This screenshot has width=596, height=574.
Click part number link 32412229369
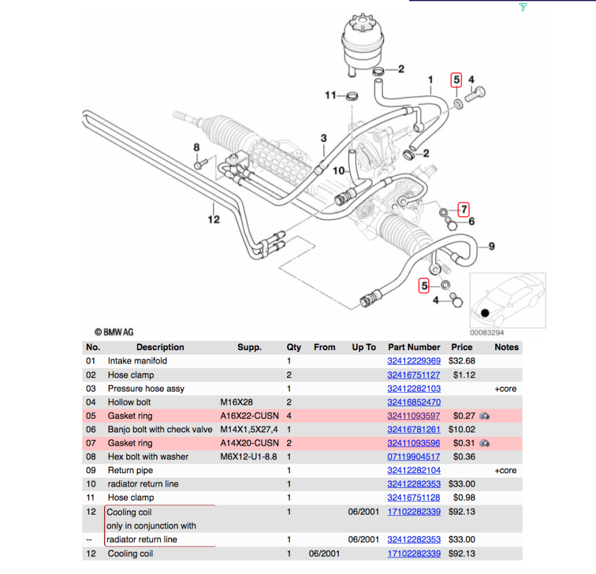[x=413, y=361]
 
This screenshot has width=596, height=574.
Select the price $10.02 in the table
[x=462, y=429]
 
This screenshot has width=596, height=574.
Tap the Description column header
[x=160, y=347]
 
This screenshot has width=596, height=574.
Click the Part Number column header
[x=413, y=347]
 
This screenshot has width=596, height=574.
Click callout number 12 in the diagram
[x=213, y=219]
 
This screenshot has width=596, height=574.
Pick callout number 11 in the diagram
[x=330, y=96]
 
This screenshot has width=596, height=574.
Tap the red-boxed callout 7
[x=464, y=209]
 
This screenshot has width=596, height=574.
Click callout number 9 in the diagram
[x=491, y=246]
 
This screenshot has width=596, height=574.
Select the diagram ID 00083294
[x=487, y=332]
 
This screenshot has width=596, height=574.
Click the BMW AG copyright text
[x=114, y=332]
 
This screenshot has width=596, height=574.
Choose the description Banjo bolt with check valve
[x=160, y=429]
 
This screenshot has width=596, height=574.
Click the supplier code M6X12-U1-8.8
[x=249, y=457]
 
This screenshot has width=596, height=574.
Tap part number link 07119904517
[x=413, y=457]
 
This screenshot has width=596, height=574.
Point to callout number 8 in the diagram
[x=197, y=148]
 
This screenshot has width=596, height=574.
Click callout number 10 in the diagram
[x=338, y=171]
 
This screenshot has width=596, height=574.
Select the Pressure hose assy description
[x=144, y=388]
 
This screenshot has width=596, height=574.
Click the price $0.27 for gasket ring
[x=462, y=416]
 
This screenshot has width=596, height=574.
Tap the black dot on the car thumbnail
[x=485, y=313]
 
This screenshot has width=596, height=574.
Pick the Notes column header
[x=507, y=347]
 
